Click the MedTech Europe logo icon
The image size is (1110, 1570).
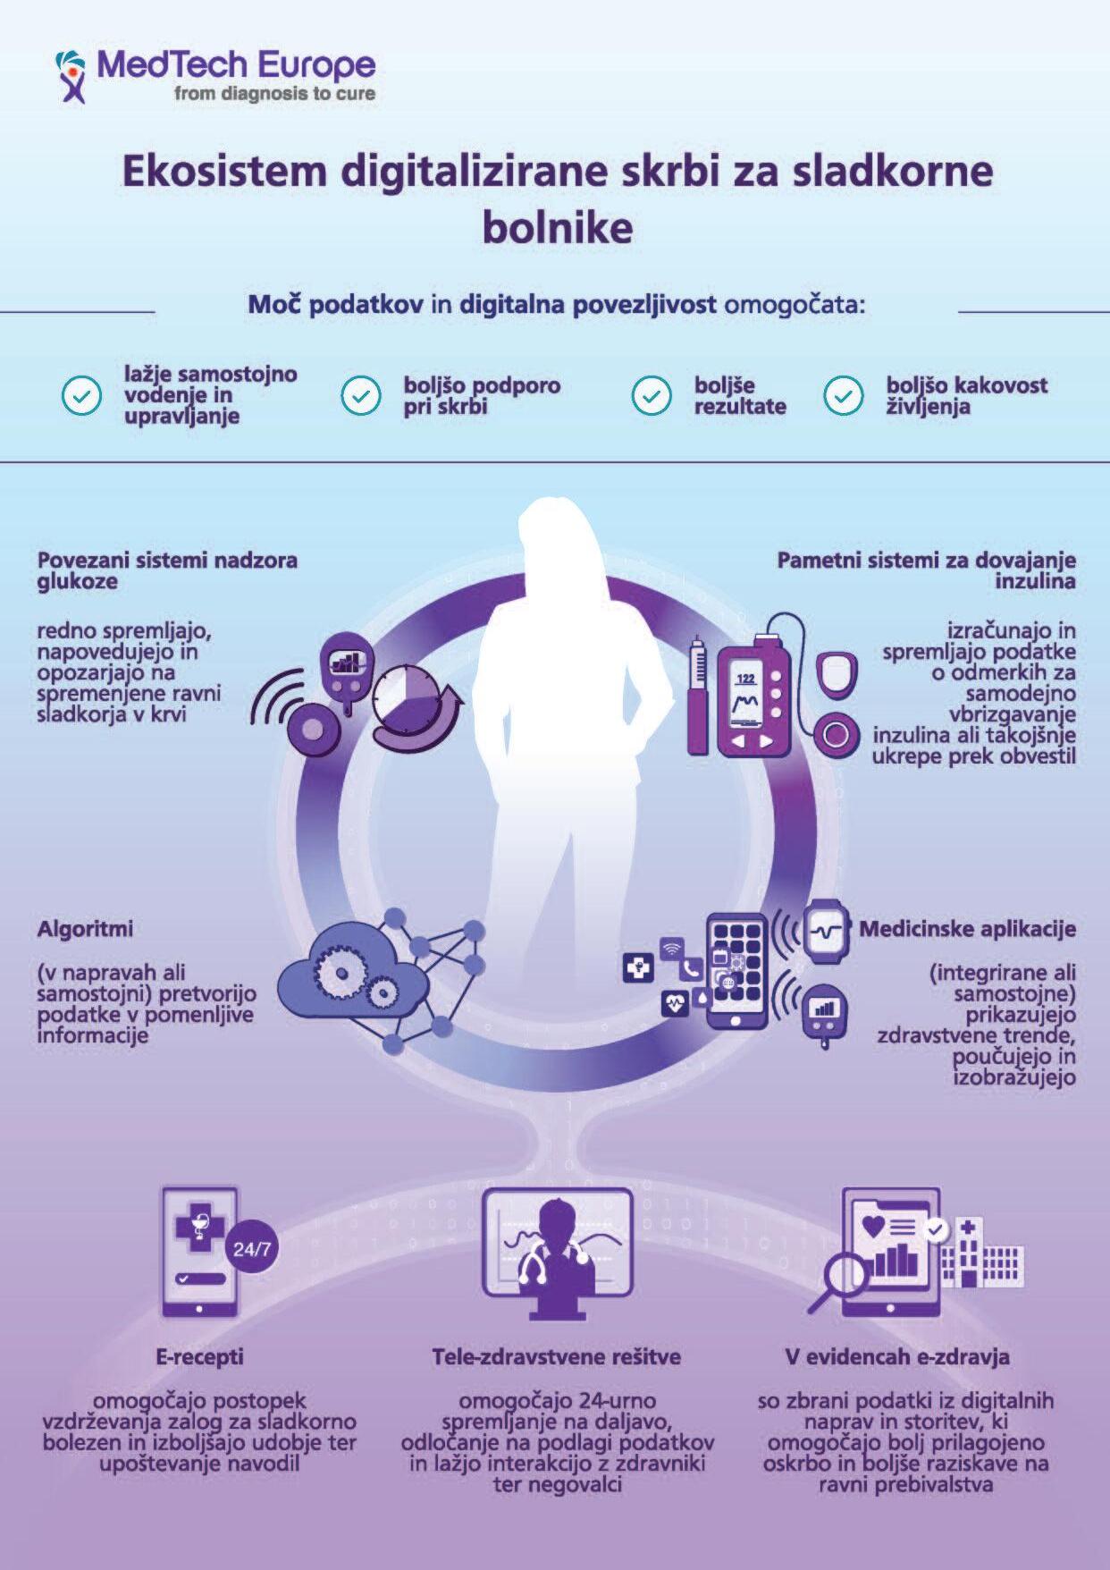click(71, 75)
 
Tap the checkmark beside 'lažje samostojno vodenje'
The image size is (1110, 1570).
click(81, 395)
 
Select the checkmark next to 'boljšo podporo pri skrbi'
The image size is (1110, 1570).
click(361, 395)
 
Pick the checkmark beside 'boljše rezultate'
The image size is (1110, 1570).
click(652, 395)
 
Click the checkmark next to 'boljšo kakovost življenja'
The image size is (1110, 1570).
click(843, 395)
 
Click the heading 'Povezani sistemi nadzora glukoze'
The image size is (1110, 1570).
click(166, 570)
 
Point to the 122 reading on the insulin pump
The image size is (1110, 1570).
click(745, 679)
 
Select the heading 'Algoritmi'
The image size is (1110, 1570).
click(85, 929)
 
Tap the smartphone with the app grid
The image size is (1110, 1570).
click(737, 970)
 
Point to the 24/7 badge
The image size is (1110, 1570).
click(251, 1249)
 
